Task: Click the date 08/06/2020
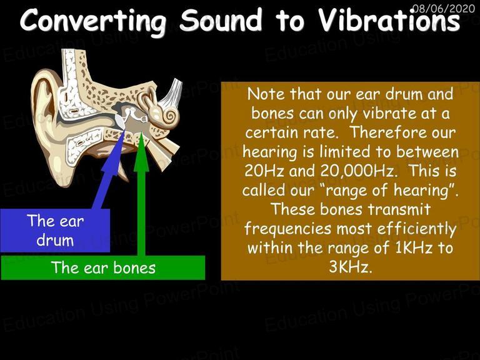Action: coord(444,8)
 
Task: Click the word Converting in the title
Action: coord(92,21)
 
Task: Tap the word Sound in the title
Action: coord(221,19)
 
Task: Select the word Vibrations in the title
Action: coord(389,19)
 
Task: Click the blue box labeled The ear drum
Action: coord(55,231)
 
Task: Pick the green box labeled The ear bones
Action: coord(103,267)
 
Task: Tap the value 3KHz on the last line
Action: coord(351,267)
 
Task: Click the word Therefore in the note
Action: coord(386,132)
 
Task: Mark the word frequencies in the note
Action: coord(288,229)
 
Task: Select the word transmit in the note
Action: coord(399,209)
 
